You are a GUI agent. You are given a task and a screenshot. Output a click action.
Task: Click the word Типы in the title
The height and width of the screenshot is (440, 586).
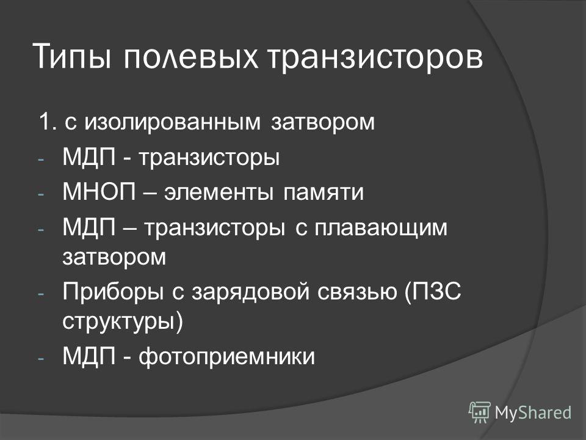coord(73,56)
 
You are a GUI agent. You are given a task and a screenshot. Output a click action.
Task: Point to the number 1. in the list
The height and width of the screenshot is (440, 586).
coord(48,122)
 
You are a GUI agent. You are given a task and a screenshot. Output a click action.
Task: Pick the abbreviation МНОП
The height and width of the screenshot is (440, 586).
coord(99,191)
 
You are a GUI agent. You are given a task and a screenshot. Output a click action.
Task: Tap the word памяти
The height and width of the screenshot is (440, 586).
coord(324,193)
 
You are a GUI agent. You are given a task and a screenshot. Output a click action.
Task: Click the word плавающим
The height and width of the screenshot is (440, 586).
coord(381,228)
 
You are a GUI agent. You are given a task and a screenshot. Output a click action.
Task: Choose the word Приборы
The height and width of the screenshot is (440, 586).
coord(113,292)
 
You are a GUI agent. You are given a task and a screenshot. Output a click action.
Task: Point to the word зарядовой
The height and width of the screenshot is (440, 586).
coord(251,292)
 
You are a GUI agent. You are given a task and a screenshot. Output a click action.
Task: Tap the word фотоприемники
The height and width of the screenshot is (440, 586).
coord(226,357)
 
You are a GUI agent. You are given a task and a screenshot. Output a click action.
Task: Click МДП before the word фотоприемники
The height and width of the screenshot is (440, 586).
coord(89,356)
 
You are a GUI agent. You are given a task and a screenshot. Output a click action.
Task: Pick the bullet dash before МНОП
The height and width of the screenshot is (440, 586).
coord(41,194)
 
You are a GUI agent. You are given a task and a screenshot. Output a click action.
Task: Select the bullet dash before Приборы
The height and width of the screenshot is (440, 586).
coord(41,293)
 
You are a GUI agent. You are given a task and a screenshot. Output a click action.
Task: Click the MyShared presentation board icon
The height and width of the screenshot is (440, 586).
coord(480,412)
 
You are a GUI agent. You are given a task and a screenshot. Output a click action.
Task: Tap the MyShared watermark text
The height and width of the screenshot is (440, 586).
coord(533,413)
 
